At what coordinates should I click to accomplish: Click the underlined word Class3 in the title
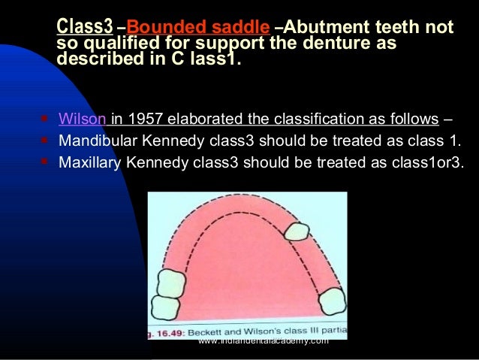pos(84,28)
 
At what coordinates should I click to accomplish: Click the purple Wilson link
pos(83,119)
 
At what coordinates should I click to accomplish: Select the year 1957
pos(147,119)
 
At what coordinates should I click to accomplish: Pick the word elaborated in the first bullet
pos(207,119)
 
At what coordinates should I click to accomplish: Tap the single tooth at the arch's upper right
pos(295,231)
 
